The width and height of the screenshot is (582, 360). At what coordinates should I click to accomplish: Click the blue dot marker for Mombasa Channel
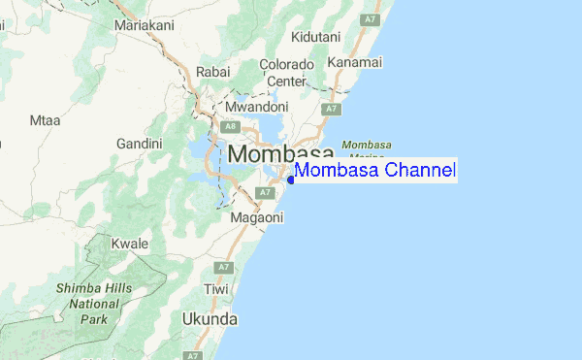[291, 180]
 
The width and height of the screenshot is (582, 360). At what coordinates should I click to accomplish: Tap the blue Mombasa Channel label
[375, 171]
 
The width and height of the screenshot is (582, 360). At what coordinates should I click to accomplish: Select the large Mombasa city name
[281, 153]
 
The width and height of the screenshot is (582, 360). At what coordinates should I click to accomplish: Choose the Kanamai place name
[354, 63]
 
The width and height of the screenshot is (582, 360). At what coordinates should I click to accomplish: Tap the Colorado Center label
[286, 73]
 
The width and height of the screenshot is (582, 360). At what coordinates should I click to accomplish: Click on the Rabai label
[212, 71]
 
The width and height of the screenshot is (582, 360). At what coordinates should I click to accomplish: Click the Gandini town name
[140, 144]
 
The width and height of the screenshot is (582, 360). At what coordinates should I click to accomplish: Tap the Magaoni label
[257, 218]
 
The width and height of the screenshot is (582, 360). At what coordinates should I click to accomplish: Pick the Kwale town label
[129, 244]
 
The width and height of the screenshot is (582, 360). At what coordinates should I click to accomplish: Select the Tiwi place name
[216, 290]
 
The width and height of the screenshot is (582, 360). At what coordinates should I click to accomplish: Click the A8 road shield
[230, 126]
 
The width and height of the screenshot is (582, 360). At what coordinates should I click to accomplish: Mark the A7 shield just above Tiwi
[224, 267]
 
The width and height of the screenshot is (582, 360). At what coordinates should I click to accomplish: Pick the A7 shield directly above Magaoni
[263, 193]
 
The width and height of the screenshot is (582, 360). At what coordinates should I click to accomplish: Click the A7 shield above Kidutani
[368, 18]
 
